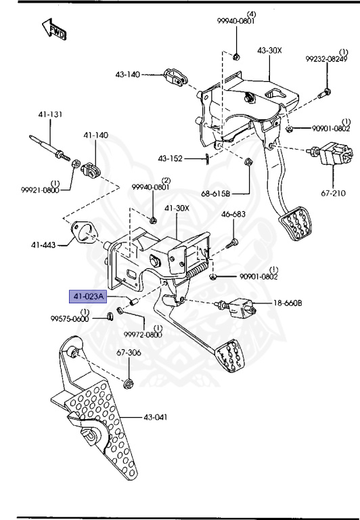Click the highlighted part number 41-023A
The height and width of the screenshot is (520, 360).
(89, 296)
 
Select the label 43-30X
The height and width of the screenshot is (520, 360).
(270, 51)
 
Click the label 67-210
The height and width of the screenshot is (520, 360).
(333, 193)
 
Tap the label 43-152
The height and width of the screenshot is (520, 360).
(171, 158)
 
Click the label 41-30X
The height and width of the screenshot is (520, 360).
(177, 207)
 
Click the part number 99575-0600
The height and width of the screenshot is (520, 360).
(70, 318)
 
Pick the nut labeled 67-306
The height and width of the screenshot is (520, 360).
(129, 384)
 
